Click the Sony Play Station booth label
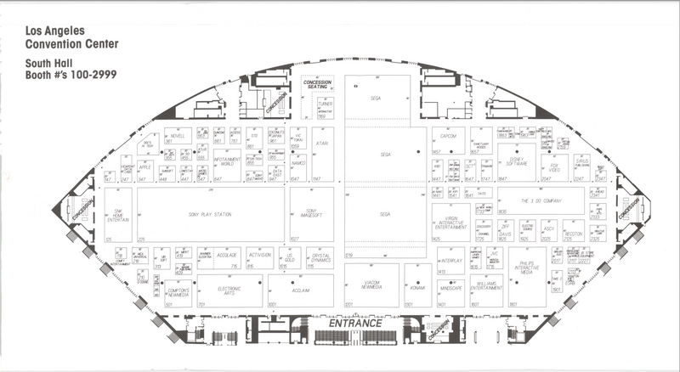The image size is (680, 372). point(210,215)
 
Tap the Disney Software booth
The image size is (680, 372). point(516,157)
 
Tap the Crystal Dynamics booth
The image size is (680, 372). point(320,257)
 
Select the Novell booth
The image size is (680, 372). point(177,135)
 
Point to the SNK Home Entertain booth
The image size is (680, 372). point(118,217)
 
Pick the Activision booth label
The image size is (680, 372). point(259,254)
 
